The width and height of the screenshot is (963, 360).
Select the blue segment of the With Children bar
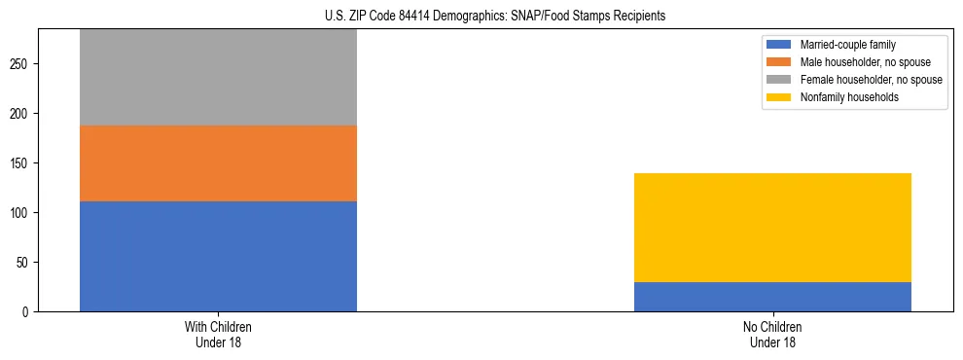pos(218,256)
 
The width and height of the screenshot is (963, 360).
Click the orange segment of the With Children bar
pos(218,163)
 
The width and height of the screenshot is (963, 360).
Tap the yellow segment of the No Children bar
pos(772,228)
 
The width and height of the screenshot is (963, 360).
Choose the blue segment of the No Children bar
pos(772,297)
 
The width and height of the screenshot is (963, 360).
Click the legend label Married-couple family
pos(845,45)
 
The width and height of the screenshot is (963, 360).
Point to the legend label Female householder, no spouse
pos(871,80)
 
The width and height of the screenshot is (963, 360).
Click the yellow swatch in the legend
pos(779,97)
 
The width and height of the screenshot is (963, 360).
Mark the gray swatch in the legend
pos(779,80)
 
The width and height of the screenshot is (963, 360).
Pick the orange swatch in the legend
pos(779,62)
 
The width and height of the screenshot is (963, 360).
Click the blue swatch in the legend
pos(779,45)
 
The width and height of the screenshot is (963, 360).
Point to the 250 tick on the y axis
pos(21,64)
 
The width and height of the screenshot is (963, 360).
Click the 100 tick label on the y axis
pos(21,213)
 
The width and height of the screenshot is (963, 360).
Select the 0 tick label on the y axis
pos(27,312)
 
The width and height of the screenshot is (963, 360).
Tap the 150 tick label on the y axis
pos(21,163)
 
